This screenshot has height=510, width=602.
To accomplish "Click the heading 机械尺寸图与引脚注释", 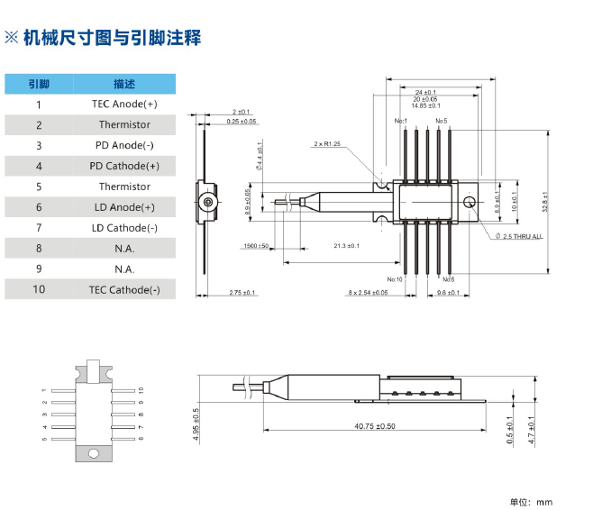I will pos(113,38).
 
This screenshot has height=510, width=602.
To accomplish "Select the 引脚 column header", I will pos(39,84).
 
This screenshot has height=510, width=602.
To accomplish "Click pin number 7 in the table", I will pos(39,228).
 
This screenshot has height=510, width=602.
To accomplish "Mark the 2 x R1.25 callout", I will pos(327,144).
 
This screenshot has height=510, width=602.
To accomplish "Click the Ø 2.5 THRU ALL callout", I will pos(518,236).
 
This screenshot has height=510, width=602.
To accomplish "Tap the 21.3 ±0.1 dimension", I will pos(346,245).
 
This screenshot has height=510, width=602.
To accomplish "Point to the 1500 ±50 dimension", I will pos(256,245).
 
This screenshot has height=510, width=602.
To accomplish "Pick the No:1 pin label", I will pos(401,121).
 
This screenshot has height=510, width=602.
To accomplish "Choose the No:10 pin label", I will pos(395,279).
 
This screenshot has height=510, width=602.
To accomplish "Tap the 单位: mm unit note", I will pos(532,502).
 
